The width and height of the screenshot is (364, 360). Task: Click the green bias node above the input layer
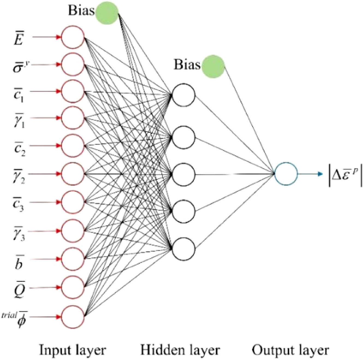[107, 13]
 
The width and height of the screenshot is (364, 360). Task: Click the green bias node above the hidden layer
[213, 65]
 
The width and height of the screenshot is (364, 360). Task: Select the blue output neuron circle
[286, 174]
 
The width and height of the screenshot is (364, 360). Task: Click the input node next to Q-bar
[72, 287]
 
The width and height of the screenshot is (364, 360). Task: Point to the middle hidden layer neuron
[184, 174]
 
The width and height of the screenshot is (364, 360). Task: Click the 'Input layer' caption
[72, 350]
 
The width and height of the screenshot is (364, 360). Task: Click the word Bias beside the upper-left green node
[81, 11]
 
